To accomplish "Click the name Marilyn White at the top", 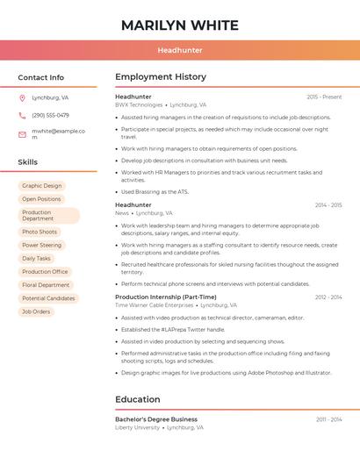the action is pos(179,25).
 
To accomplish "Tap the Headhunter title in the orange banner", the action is pos(179,50).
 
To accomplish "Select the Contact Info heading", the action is pos(41,77).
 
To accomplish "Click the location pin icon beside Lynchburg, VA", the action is pos(22,97).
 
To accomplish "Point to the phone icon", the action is pos(22,115).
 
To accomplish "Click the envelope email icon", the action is pos(22,134).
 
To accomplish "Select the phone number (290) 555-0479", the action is pos(50,115).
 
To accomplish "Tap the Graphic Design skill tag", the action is pos(41,186).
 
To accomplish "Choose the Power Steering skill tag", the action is pos(41,245).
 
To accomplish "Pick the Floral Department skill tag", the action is pos(46,285).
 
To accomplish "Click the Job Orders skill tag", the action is pos(36,311).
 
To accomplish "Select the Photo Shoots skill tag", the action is pos(40,232).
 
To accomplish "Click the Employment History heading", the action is pos(161,77).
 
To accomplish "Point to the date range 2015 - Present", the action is pos(324,97).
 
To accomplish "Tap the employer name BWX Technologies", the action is pos(139,104).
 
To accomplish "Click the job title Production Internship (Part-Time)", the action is pos(165,297).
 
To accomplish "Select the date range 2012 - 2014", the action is pos(328,297).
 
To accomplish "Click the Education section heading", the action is pos(137,399).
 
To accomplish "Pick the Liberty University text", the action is pos(137,427).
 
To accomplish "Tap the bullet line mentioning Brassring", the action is pos(155,191).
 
